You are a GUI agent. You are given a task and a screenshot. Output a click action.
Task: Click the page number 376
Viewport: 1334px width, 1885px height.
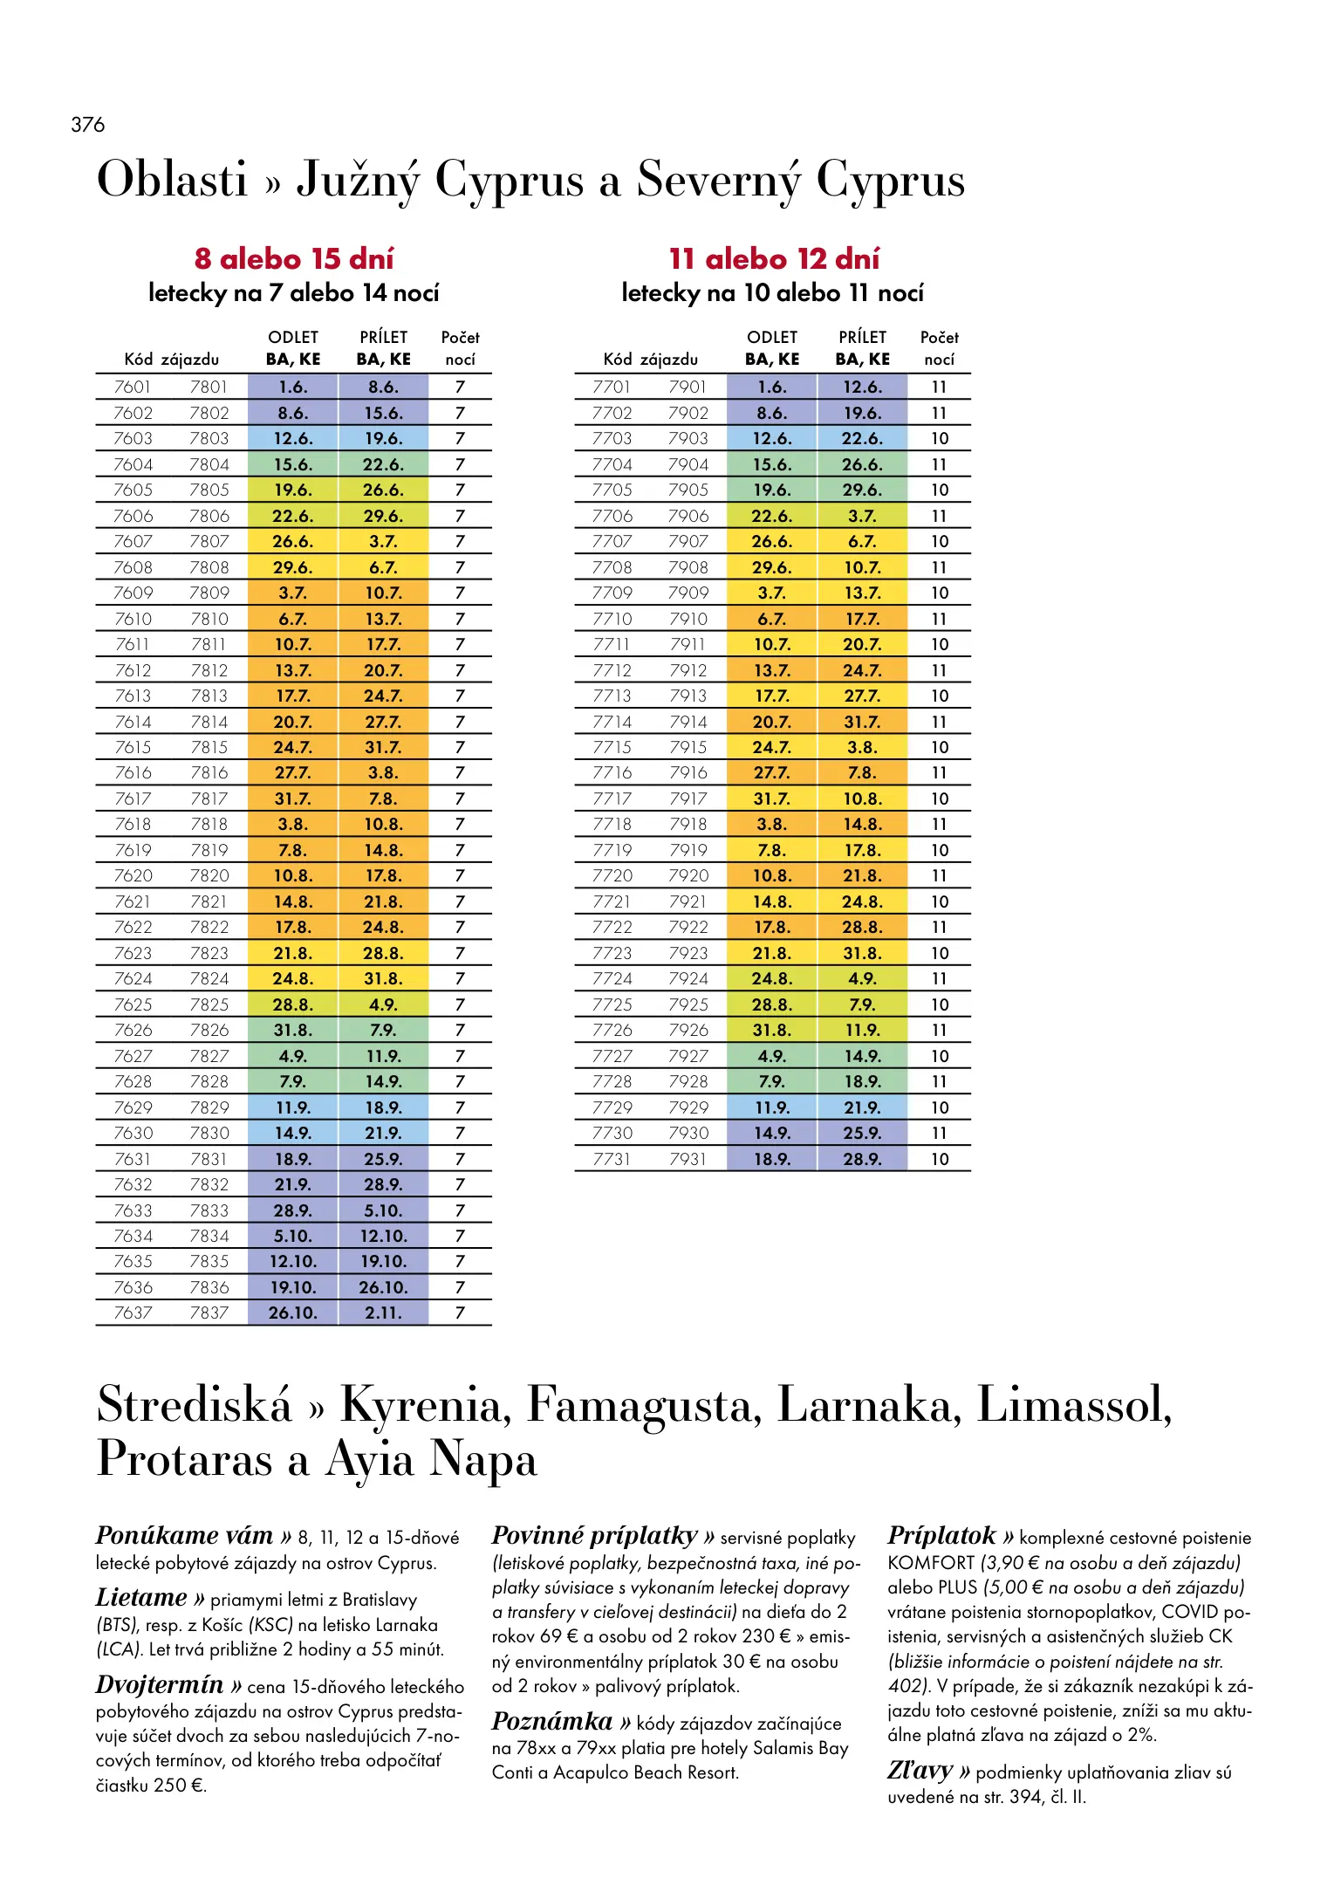point(88,125)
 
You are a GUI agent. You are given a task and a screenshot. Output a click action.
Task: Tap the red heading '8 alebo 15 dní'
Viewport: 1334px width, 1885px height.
point(294,259)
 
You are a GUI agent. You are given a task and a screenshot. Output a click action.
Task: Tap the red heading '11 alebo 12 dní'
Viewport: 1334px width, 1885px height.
point(774,259)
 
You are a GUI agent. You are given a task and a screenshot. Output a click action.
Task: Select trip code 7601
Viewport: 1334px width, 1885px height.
point(133,387)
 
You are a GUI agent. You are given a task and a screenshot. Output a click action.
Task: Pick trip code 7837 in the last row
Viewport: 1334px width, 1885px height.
point(209,1313)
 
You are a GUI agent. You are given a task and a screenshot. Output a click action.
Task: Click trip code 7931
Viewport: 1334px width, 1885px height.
point(688,1159)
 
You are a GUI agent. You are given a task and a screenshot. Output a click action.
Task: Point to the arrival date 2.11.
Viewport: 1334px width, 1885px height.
point(383,1313)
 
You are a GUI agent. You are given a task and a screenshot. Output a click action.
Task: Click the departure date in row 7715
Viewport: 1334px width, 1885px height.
point(772,747)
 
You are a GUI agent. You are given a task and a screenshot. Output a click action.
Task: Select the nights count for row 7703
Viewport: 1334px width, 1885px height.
point(939,438)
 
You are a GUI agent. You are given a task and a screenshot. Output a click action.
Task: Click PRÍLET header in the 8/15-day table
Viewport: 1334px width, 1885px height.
point(383,338)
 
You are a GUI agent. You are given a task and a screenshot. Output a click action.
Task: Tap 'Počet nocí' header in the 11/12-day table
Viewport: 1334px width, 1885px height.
point(939,348)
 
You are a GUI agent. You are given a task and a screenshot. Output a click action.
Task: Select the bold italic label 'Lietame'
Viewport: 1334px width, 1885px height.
point(141,1598)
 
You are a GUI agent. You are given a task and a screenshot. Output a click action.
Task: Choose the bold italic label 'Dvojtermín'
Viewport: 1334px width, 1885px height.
point(160,1684)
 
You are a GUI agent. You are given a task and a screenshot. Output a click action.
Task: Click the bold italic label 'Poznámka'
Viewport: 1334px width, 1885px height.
point(552,1721)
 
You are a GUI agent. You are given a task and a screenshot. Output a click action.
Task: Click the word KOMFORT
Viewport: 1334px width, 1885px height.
point(931,1562)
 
